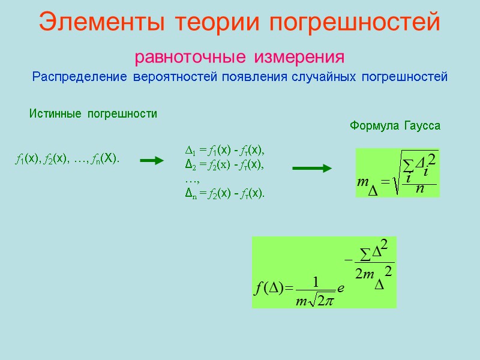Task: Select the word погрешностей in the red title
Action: point(355,23)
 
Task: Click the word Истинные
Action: point(54,113)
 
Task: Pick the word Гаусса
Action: point(423,126)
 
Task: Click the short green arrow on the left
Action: point(151,160)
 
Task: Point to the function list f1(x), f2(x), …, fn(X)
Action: point(67,159)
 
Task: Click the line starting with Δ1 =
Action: point(223,149)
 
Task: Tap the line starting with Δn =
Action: point(223,193)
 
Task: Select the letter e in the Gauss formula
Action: point(340,289)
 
